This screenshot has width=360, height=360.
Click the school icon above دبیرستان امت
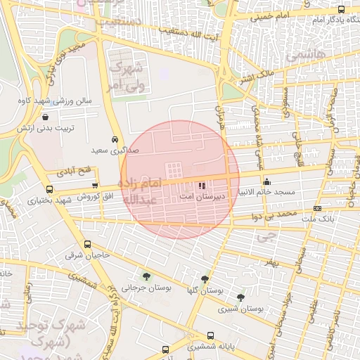tap(202, 186)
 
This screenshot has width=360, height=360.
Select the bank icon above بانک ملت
tap(317, 209)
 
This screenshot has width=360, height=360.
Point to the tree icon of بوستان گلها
tap(205, 279)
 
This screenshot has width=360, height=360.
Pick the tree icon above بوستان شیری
tap(241, 298)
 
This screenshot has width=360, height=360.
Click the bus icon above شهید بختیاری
tap(49, 189)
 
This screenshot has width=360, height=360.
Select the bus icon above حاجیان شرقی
tap(67, 245)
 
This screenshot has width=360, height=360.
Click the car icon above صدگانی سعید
tap(115, 139)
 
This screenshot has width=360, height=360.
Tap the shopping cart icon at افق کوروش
tap(95, 184)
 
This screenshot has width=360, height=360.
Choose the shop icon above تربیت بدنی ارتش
tap(46, 117)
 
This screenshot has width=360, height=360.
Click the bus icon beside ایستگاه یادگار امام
tap(341, 10)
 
